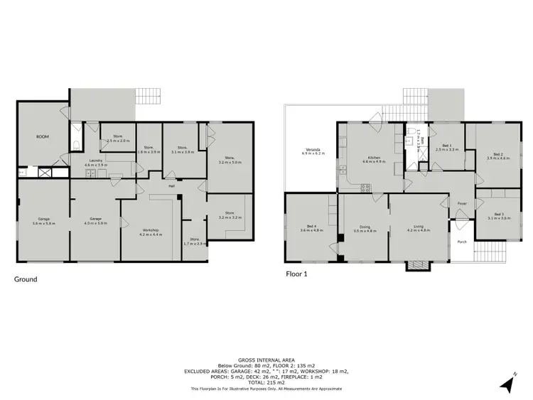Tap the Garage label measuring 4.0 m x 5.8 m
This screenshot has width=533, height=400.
(95, 220)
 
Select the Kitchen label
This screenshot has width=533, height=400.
(374, 159)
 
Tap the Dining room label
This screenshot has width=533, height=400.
(363, 229)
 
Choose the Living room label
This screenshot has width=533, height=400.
(419, 229)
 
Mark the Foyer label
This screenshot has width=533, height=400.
(461, 203)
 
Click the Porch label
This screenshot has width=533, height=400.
(462, 242)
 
